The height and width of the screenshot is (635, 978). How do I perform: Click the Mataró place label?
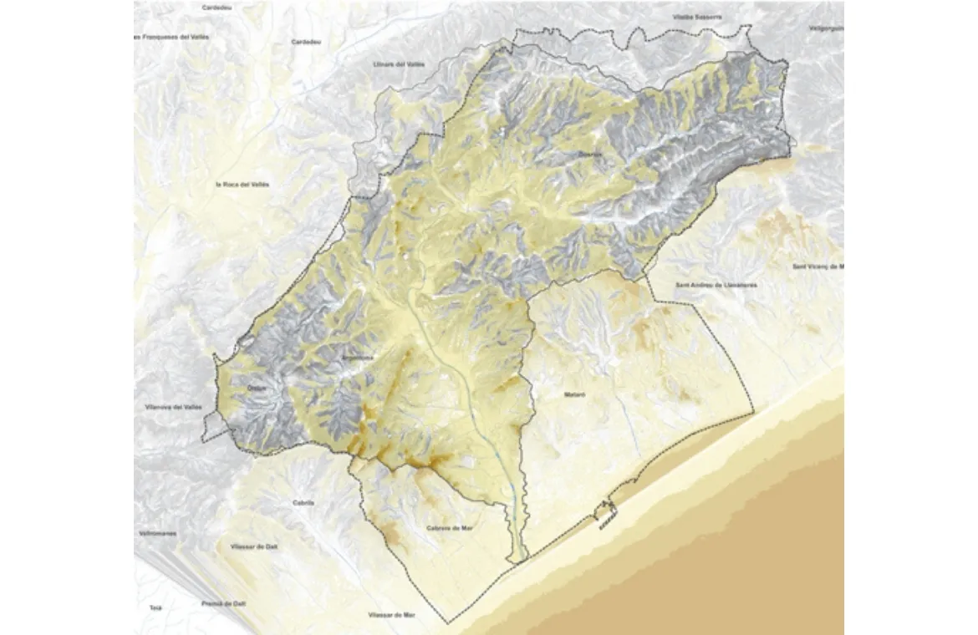point(573,393)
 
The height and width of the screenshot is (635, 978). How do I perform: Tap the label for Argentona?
point(351,358)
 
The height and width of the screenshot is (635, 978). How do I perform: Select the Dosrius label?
point(589,154)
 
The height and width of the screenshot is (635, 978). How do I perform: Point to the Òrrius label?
point(257,387)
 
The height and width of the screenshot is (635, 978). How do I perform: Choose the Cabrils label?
point(304,503)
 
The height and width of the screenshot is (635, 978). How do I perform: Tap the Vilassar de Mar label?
point(390,615)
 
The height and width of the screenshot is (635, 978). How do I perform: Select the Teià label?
point(155,607)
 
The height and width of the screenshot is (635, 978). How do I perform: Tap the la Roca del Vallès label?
point(242,184)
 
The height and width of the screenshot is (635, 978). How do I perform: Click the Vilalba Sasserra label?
point(696,17)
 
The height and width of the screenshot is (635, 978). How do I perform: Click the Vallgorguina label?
point(826,28)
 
